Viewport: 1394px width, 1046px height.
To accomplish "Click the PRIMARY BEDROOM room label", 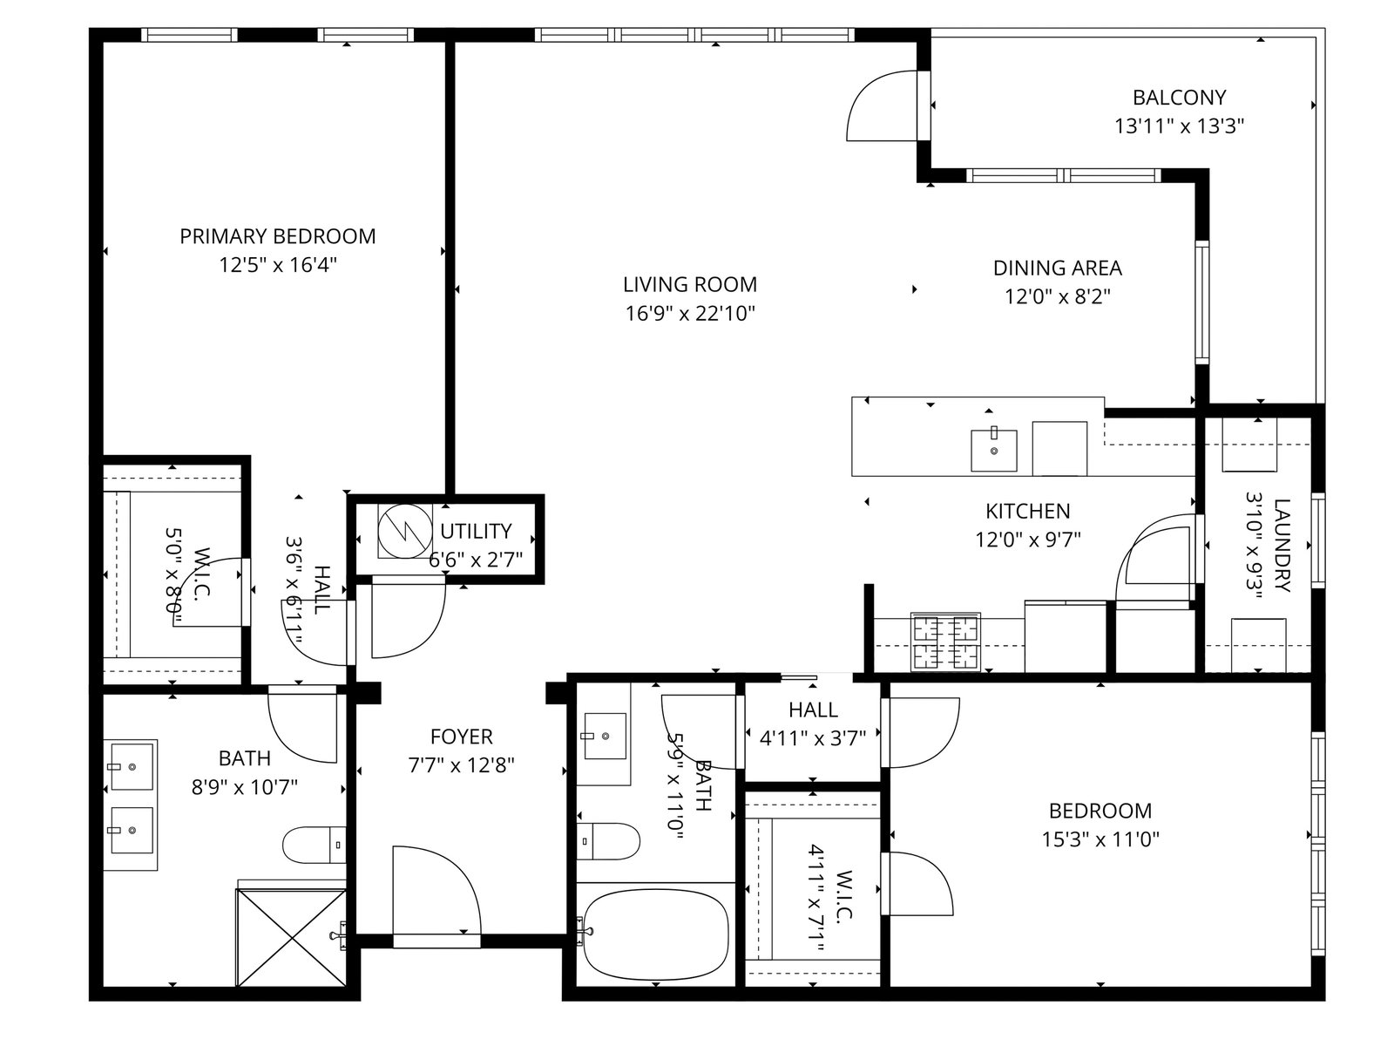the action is [x=278, y=236].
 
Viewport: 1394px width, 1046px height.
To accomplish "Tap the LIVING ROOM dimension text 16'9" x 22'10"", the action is [x=690, y=313].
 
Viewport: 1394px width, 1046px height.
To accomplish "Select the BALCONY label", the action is [x=1180, y=97].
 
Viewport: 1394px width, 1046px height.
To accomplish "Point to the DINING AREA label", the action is [x=1058, y=268].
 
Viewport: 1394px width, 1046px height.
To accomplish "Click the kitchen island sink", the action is [x=994, y=450].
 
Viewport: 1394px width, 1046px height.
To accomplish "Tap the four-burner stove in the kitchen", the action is [x=945, y=642].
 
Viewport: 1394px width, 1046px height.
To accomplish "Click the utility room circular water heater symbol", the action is [x=404, y=532].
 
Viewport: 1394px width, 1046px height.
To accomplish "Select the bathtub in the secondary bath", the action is [x=656, y=934].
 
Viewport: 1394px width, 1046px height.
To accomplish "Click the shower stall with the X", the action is [x=292, y=937].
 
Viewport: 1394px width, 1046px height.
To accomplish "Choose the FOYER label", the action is [x=462, y=737].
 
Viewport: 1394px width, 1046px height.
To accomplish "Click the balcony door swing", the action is [x=883, y=105].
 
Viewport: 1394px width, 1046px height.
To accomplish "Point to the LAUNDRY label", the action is [x=1282, y=545].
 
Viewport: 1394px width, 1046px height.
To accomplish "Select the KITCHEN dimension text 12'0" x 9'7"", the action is [x=1028, y=540].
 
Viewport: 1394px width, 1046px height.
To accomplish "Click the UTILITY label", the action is [x=476, y=531].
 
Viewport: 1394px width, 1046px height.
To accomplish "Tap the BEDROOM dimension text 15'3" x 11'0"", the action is [x=1100, y=839].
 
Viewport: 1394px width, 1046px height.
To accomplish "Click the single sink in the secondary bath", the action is [x=605, y=736].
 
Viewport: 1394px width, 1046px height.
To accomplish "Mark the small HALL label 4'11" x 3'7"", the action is [x=814, y=724].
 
